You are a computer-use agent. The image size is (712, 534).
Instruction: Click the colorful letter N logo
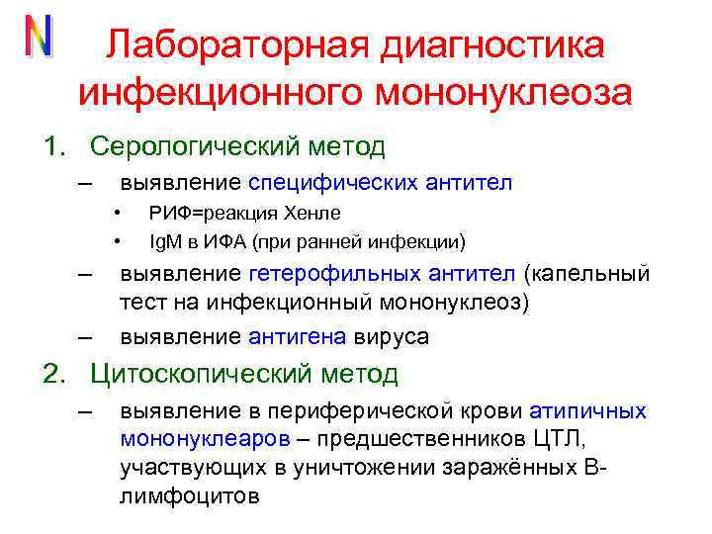click(38, 37)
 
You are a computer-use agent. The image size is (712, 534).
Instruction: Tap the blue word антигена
click(298, 336)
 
